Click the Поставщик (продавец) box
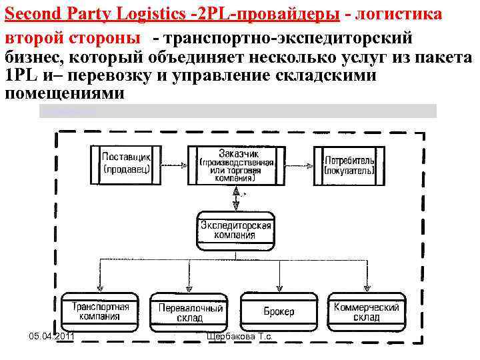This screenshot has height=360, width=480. (127, 163)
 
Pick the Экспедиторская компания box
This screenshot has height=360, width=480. (236, 230)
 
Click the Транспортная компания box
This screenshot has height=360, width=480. (101, 311)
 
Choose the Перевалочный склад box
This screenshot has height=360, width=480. (190, 311)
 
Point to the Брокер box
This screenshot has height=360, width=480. (279, 311)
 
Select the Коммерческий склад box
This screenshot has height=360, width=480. (367, 311)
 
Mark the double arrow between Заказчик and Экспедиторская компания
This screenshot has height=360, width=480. (236, 197)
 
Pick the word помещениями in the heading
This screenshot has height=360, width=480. (64, 93)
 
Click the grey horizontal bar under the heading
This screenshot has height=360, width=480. (237, 111)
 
